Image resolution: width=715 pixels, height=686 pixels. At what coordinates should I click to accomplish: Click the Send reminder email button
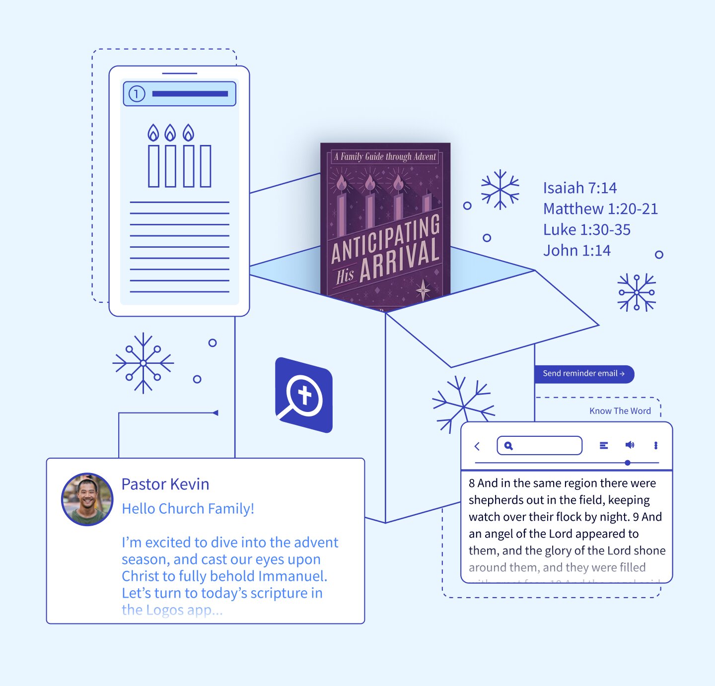583,374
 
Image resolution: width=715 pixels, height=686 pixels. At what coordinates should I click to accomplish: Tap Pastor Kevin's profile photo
87,499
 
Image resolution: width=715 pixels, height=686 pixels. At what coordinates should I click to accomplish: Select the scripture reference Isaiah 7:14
579,188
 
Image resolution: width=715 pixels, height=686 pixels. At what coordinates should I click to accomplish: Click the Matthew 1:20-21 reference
600,209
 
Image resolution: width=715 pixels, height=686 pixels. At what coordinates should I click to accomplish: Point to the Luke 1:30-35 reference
586,230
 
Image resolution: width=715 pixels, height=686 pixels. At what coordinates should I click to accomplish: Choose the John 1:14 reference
576,251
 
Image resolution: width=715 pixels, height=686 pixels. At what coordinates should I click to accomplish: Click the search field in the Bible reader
539,446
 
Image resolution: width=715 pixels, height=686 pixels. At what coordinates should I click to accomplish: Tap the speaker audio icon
630,445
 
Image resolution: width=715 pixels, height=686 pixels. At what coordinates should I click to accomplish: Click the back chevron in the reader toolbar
477,446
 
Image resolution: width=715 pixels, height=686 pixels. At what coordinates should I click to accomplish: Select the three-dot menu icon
656,445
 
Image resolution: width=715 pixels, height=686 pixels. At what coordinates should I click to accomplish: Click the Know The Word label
620,411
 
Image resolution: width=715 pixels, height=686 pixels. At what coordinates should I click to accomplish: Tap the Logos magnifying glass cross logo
303,396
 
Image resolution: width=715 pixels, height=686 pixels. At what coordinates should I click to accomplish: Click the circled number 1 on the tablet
137,94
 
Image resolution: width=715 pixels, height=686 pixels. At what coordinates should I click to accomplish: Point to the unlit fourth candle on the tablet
206,166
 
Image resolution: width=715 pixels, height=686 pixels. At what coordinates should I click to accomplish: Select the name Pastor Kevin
165,484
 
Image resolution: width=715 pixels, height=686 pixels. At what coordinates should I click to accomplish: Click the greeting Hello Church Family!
188,509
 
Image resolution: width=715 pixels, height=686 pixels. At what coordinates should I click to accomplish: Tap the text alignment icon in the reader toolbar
604,445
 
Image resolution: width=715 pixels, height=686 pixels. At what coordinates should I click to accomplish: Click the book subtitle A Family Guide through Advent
385,157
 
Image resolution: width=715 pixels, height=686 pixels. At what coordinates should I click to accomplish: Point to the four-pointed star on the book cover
423,289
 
